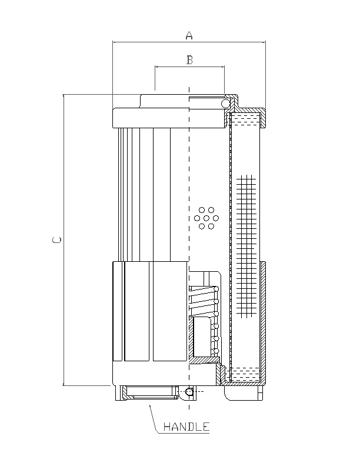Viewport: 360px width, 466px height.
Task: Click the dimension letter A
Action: [189, 35]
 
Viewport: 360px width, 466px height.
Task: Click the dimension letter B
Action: [189, 59]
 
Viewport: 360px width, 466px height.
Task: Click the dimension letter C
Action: [56, 240]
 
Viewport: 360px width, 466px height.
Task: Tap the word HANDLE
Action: [186, 427]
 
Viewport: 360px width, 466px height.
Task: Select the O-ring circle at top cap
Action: [225, 104]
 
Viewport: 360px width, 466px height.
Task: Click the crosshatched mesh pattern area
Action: [246, 235]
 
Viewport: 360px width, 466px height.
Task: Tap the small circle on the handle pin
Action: [188, 391]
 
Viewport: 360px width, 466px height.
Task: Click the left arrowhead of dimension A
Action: [114, 42]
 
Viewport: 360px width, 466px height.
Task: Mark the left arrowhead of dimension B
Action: [156, 67]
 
